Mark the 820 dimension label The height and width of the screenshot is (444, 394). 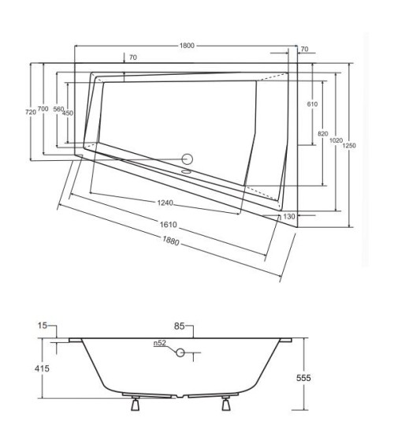(x=322, y=134)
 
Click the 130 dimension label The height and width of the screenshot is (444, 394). (x=289, y=216)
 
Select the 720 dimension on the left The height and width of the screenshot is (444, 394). (x=31, y=112)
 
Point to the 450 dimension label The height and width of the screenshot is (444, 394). (x=69, y=112)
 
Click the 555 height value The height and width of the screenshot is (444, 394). (x=303, y=378)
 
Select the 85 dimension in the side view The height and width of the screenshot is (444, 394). (x=180, y=324)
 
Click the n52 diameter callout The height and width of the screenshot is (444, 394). (x=159, y=343)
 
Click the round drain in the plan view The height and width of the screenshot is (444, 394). (x=188, y=157)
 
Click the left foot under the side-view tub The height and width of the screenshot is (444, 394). (x=136, y=405)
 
